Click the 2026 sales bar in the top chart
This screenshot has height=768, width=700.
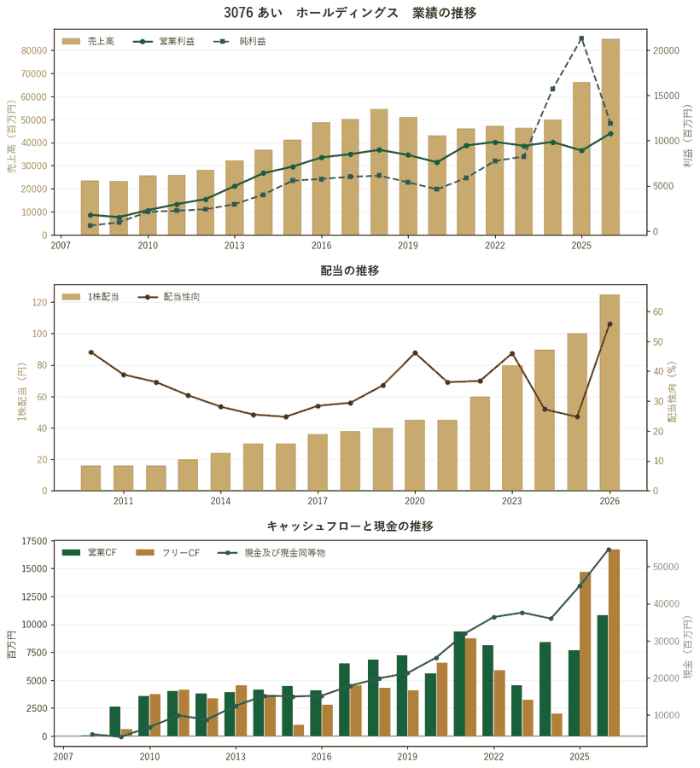[610, 137]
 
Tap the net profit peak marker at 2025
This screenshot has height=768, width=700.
[581, 38]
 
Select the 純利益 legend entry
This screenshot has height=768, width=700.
[240, 42]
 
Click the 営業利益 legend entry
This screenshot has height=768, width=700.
[164, 42]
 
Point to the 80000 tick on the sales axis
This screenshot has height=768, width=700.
[34, 50]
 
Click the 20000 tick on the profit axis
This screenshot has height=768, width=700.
[667, 50]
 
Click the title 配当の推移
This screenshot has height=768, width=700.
[350, 271]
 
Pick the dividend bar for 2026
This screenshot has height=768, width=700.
[610, 393]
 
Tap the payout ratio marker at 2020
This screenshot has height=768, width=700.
[415, 352]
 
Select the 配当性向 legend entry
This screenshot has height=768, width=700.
[169, 297]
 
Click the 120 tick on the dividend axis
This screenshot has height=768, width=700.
[39, 303]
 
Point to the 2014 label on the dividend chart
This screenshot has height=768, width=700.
[220, 501]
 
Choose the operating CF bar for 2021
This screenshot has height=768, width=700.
[459, 684]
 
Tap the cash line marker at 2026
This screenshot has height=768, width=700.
[609, 550]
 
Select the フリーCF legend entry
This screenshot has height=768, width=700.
[168, 553]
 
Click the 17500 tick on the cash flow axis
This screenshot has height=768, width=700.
[34, 541]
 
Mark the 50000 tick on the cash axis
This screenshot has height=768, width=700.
[667, 567]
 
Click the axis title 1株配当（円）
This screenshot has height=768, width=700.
[21, 392]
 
